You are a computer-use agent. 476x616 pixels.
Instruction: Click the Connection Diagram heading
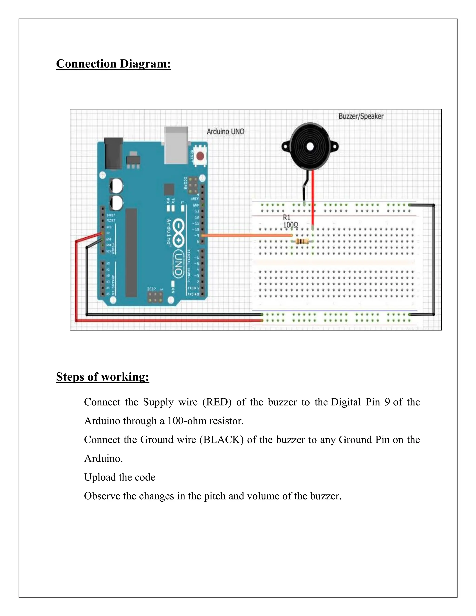pos(113,64)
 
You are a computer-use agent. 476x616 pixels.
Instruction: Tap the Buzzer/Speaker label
pos(361,116)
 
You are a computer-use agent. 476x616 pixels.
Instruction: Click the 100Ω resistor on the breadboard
pos(302,242)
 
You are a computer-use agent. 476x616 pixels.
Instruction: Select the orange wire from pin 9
pos(245,235)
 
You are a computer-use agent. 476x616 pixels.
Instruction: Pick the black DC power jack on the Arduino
pos(113,154)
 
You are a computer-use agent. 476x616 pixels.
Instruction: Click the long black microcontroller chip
pos(131,252)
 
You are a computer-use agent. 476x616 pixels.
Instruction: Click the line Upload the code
pos(119,477)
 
